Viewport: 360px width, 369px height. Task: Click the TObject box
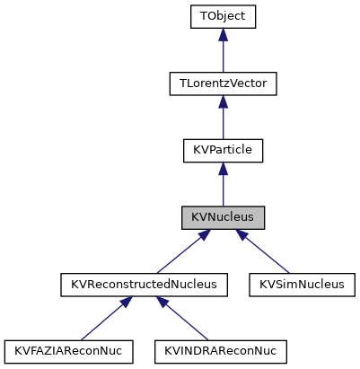[223, 16]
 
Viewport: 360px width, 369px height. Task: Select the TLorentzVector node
[223, 83]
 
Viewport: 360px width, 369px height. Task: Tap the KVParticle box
[223, 151]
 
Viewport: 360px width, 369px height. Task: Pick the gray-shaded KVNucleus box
[223, 218]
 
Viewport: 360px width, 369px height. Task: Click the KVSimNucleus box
[302, 285]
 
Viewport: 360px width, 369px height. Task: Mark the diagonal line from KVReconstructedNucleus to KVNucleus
[180, 254]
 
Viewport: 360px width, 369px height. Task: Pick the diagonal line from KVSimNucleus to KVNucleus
[265, 254]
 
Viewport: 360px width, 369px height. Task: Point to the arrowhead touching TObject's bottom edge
[223, 36]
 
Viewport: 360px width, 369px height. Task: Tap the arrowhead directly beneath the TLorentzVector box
[223, 103]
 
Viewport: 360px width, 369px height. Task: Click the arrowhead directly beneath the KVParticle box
[223, 171]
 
